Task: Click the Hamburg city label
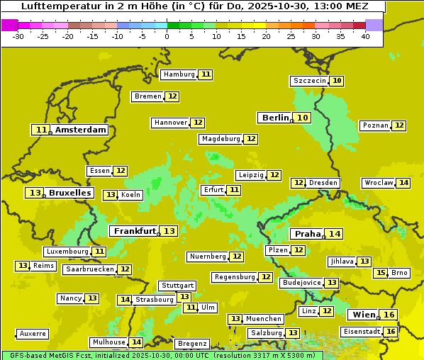(x=179, y=74)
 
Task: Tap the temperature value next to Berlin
(x=303, y=118)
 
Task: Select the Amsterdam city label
(x=81, y=130)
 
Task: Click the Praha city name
(x=308, y=234)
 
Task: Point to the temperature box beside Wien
(x=389, y=315)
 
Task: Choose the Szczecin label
(x=310, y=81)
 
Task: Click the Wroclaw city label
(x=379, y=183)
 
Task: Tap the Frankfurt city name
(x=135, y=231)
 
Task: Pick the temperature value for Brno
(x=381, y=273)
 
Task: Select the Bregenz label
(x=192, y=344)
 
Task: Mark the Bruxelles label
(x=69, y=193)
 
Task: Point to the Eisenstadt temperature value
(x=391, y=332)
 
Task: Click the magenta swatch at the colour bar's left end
(x=9, y=24)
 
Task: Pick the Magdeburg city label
(x=221, y=139)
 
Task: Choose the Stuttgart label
(x=177, y=286)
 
